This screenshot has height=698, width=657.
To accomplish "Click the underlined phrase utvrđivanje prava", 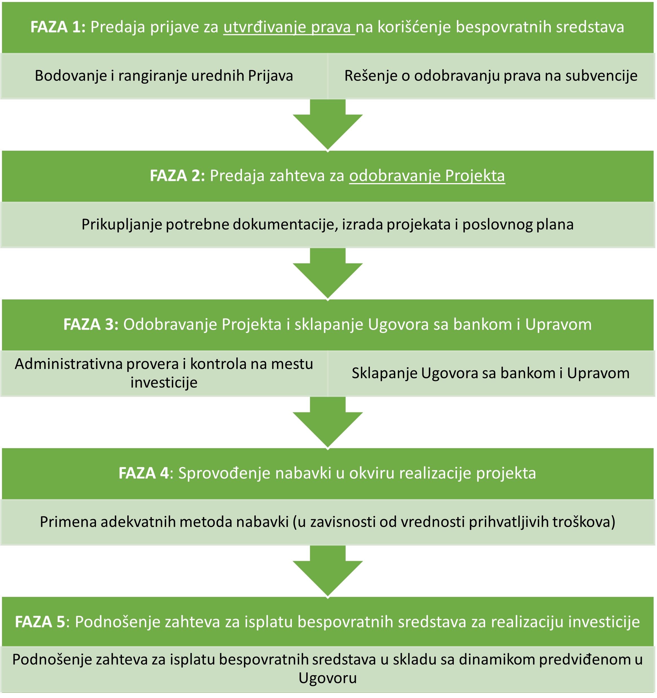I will (289, 27).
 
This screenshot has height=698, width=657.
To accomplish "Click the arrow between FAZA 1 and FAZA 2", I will (328, 126).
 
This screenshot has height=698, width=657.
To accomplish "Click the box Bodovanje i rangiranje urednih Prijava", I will (164, 76).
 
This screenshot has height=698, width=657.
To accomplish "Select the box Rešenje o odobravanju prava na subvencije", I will (491, 76).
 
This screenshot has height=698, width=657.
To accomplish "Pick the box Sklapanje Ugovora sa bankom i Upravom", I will (491, 373).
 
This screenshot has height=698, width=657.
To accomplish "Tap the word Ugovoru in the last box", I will (328, 678).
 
